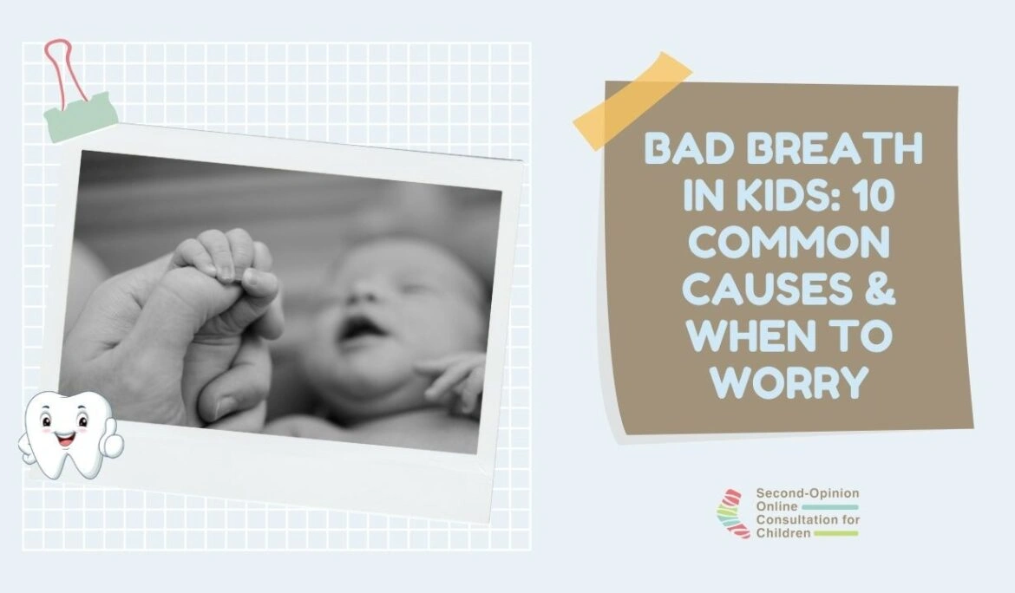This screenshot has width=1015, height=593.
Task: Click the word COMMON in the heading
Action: pyautogui.click(x=789, y=243)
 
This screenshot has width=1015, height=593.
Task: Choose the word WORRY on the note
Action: pyautogui.click(x=789, y=382)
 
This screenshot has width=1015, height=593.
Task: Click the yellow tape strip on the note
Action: pyautogui.click(x=632, y=101)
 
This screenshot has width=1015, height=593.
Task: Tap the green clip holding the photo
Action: pyautogui.click(x=81, y=116)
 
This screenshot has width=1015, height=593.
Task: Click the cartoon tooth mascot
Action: pyautogui.click(x=69, y=434)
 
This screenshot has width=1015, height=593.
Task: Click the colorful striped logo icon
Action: pyautogui.click(x=733, y=513)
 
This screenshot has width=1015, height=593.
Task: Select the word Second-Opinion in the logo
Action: pyautogui.click(x=807, y=493)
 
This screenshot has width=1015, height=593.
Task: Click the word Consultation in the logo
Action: pyautogui.click(x=797, y=520)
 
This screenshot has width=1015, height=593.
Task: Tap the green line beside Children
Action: pyautogui.click(x=835, y=533)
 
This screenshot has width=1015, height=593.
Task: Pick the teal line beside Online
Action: pyautogui.click(x=830, y=507)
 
